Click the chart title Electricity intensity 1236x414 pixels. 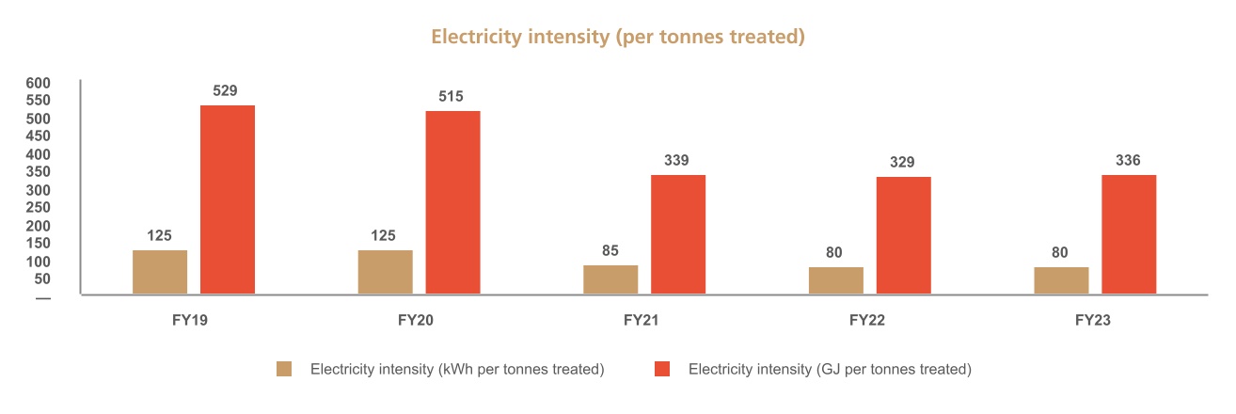coord(617,37)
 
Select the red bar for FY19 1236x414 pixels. coord(228,199)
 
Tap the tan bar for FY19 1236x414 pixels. coord(160,272)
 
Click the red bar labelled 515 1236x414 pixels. coord(452,202)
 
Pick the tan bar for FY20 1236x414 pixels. coord(385,272)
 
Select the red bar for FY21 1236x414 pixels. coord(678,234)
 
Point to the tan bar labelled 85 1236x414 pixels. coord(610,279)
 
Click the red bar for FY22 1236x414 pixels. coord(904,235)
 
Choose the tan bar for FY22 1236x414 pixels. coord(836,280)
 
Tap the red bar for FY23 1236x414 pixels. coord(1129,234)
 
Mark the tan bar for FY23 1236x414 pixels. coord(1061,280)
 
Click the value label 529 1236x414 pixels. coord(225,91)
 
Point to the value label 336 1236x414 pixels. coord(1128,161)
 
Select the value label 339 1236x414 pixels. coord(675,161)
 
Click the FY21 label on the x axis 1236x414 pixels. coord(642,321)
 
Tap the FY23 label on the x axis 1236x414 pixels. coord(1093,321)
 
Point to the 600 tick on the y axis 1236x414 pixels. coord(38,83)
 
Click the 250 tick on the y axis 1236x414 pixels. coord(38,208)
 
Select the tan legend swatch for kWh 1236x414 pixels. coord(284,370)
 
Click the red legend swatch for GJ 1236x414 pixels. coord(662,370)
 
